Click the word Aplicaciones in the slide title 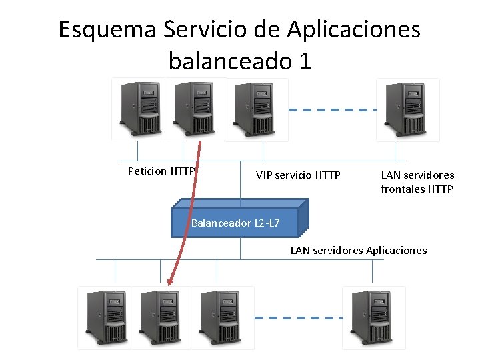point(354,30)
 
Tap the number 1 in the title point(305,61)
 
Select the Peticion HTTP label point(161,171)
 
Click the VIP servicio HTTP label point(298,175)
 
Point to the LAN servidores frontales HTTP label point(417,182)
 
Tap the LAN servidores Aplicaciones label point(358,251)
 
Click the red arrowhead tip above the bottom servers point(169,282)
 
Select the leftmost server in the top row point(138,109)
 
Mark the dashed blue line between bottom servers point(299,318)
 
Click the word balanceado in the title point(227,61)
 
